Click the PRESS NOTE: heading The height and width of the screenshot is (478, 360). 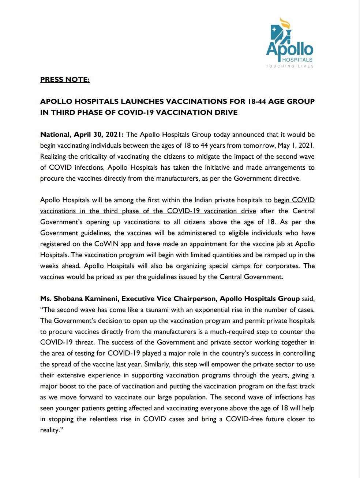click(65, 79)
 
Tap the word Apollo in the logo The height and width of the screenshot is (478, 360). click(289, 49)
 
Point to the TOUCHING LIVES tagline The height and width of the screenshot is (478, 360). click(290, 66)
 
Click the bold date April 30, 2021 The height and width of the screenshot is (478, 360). click(99, 135)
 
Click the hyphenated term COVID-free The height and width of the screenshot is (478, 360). click(244, 419)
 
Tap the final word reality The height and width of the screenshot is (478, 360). click(50, 430)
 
